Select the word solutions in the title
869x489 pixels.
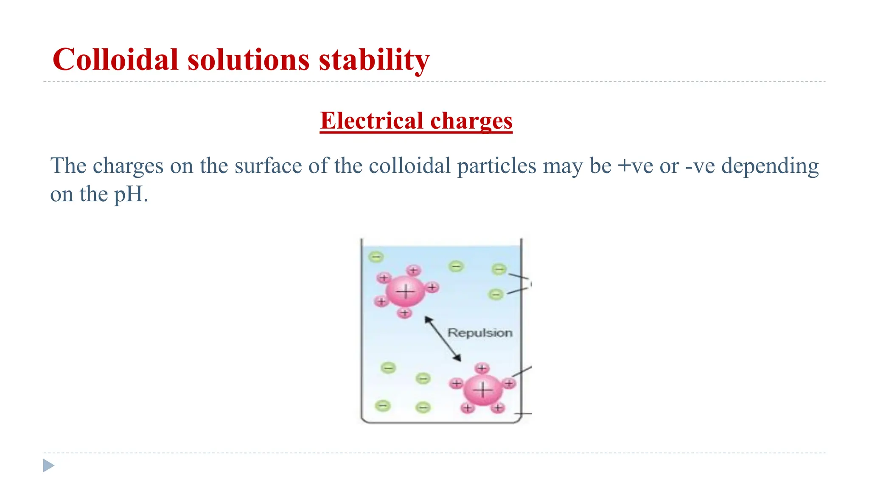(x=249, y=59)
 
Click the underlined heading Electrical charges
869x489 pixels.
(x=416, y=121)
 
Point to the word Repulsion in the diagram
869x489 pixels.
(x=480, y=333)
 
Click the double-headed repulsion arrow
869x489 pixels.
(x=443, y=339)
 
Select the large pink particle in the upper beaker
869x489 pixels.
(x=406, y=292)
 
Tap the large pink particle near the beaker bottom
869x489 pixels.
(x=483, y=390)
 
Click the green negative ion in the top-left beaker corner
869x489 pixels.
(x=376, y=257)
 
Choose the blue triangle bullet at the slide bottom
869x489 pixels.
(x=48, y=466)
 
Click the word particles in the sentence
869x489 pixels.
(x=496, y=166)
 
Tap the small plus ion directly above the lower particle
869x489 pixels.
(x=482, y=368)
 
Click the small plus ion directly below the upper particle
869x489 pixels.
(x=405, y=313)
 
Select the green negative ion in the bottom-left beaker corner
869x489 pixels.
(x=383, y=406)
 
